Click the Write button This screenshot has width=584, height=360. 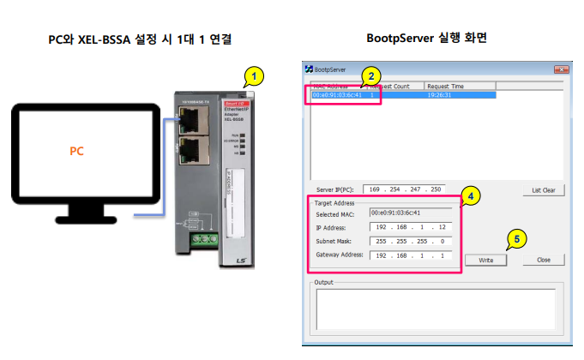(485, 259)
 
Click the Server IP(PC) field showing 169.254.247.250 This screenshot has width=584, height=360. (403, 189)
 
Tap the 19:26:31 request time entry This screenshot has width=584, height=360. (440, 95)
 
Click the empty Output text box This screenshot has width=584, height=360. (435, 309)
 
